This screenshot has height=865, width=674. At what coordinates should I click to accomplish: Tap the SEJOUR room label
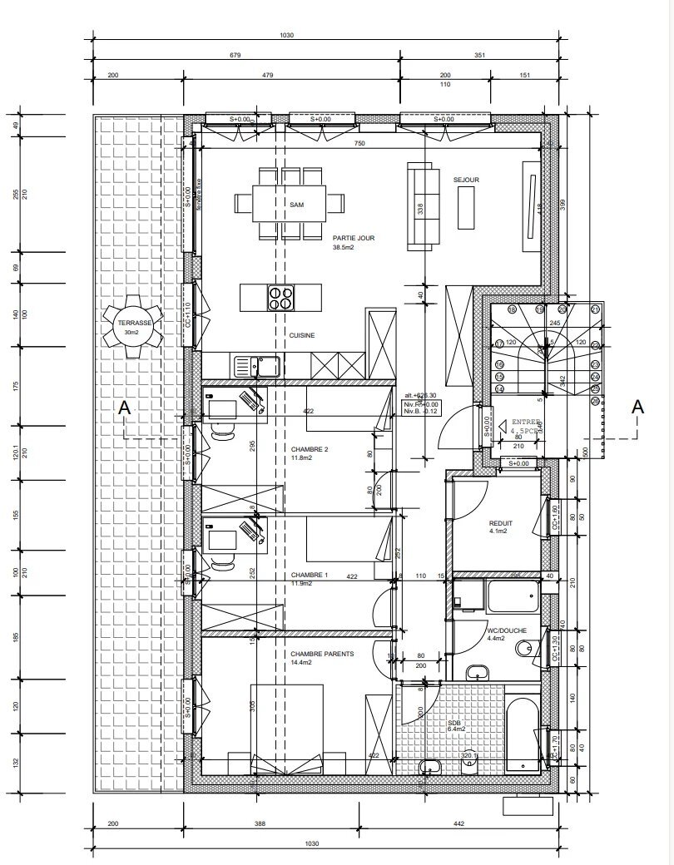[466, 180]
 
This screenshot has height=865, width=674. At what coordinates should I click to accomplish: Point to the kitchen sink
[246, 364]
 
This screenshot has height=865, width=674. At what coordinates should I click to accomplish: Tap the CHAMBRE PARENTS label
[322, 655]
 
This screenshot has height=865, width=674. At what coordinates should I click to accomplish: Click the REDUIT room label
[501, 523]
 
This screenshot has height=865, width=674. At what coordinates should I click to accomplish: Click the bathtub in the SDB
[521, 730]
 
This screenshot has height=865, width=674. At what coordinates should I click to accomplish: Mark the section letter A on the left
[124, 408]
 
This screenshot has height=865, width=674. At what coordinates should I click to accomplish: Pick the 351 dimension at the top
[478, 56]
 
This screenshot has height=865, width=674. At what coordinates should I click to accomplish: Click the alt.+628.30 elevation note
[419, 396]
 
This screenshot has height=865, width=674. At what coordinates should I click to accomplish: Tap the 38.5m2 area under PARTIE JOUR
[344, 248]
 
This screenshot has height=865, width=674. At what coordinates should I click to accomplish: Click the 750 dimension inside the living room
[359, 143]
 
